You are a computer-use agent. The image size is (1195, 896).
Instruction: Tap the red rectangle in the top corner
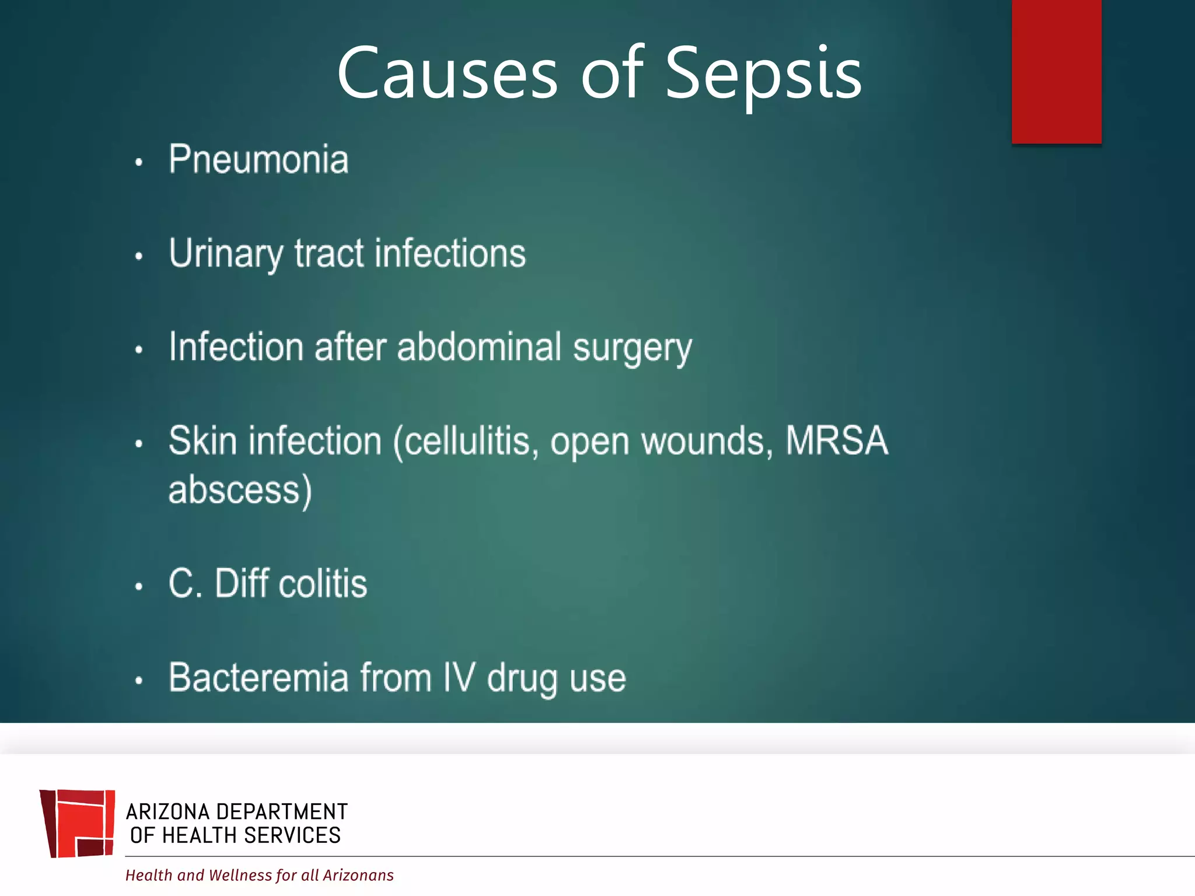coord(1056,71)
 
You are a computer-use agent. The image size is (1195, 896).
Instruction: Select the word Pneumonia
coord(258,159)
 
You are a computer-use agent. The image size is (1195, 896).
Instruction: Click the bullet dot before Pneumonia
coord(139,163)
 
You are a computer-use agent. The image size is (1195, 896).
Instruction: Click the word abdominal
coord(479,347)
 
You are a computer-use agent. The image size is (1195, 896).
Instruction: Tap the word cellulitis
coord(467,442)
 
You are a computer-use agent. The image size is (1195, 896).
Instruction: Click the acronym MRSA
coord(836,440)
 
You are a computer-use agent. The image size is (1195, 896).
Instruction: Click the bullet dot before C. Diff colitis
coord(139,586)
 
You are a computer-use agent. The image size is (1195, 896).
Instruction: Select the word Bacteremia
coord(258,678)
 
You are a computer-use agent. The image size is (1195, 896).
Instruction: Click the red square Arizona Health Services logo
coord(78,823)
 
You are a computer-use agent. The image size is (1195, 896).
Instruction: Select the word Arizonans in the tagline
coord(358,875)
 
